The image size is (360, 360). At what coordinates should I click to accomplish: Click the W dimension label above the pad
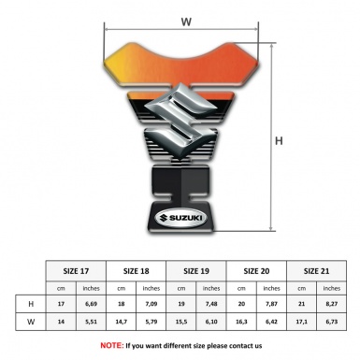[x=186, y=19]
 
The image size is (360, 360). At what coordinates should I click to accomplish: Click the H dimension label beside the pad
[x=279, y=140]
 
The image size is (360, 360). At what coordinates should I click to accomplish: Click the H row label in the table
[x=30, y=305]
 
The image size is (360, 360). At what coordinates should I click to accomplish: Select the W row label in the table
[x=30, y=323]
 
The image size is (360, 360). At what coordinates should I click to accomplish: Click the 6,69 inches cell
[x=92, y=305]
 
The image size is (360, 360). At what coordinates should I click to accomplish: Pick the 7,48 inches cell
[x=211, y=305]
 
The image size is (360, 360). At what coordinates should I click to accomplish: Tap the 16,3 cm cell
[x=241, y=323]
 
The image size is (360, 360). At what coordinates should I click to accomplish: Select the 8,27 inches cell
[x=331, y=305]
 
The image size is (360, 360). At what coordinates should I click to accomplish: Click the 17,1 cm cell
[x=301, y=323]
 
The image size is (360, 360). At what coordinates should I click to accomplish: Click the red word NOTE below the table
[x=111, y=345]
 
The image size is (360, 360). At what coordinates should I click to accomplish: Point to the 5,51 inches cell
[x=92, y=323]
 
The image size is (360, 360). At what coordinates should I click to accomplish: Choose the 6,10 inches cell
[x=211, y=323]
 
